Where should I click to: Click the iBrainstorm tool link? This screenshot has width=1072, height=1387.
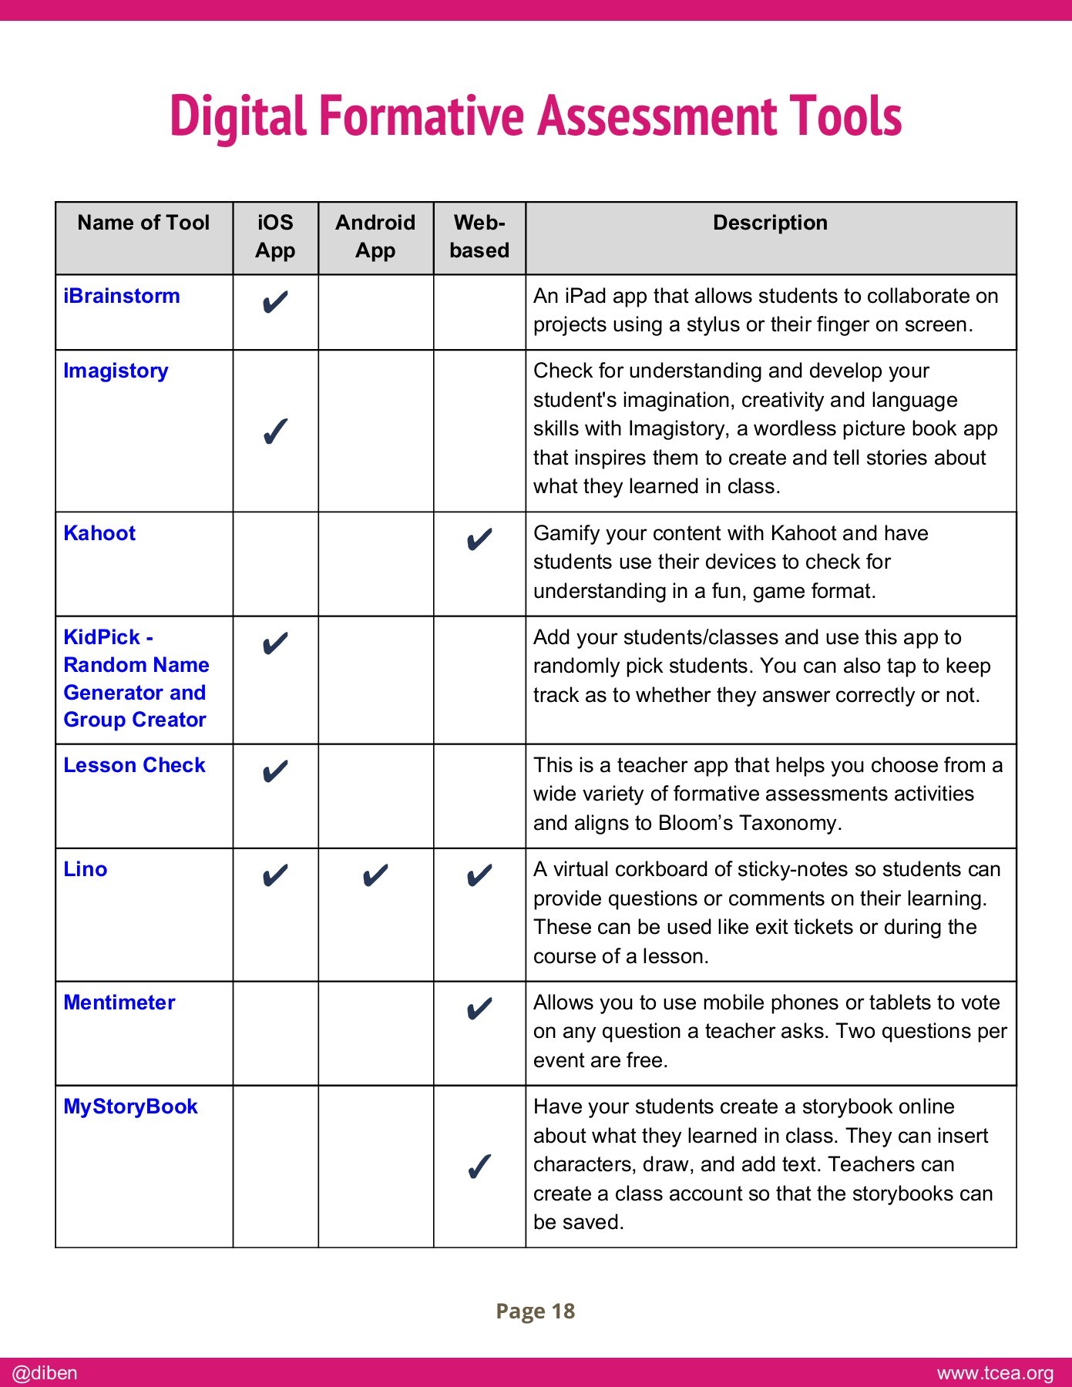click(x=122, y=297)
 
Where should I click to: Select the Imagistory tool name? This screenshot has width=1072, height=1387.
click(x=116, y=371)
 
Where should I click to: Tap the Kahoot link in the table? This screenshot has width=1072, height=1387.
click(x=99, y=533)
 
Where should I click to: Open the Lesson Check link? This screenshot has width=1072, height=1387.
click(x=134, y=765)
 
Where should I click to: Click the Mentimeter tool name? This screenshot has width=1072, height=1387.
click(x=119, y=1002)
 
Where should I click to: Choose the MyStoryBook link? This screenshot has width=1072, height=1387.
click(x=130, y=1107)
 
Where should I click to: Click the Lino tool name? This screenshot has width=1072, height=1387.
click(x=86, y=869)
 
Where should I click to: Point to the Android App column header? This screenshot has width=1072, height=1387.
click(x=375, y=237)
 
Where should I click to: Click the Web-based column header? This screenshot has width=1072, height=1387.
click(x=479, y=237)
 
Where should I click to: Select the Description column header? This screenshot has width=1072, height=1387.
click(x=770, y=223)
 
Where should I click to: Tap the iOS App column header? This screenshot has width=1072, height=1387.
click(x=275, y=237)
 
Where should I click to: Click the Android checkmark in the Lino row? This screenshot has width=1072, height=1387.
click(x=375, y=876)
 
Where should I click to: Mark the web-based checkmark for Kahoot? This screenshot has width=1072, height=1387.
click(x=479, y=540)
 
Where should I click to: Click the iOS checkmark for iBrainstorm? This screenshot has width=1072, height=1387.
click(x=275, y=303)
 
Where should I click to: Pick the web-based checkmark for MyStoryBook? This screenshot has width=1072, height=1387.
click(x=479, y=1167)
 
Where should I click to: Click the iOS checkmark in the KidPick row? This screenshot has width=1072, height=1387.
click(x=275, y=643)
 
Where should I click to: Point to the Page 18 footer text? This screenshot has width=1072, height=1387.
click(x=536, y=1311)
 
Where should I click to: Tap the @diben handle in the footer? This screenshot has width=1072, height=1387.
click(x=45, y=1373)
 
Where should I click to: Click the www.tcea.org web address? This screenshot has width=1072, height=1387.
click(x=995, y=1373)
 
